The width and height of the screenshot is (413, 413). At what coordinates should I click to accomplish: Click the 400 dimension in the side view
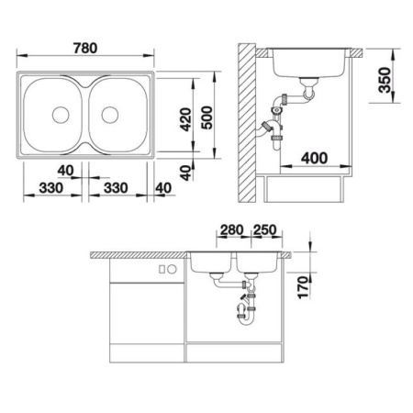pyautogui.click(x=314, y=157)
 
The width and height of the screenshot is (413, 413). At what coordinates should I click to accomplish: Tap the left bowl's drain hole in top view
pyautogui.click(x=61, y=116)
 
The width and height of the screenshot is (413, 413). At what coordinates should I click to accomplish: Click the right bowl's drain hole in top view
pyautogui.click(x=111, y=116)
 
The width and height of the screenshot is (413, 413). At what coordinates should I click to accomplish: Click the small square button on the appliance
pyautogui.click(x=160, y=270)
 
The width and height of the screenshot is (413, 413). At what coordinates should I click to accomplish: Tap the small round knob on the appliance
pyautogui.click(x=171, y=270)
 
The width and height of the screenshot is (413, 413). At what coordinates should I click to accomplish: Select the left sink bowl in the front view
pyautogui.click(x=212, y=265)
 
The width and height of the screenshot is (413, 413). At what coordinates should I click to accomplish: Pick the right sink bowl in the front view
pyautogui.click(x=257, y=265)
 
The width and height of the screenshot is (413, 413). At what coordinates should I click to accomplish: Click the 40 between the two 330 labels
pyautogui.click(x=65, y=170)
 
